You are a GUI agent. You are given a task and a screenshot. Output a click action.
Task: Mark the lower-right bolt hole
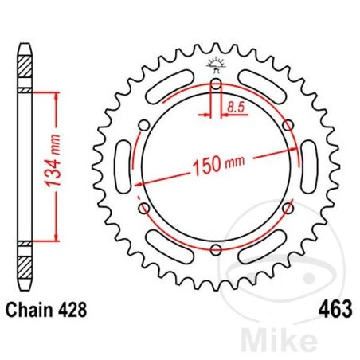pyautogui.click(x=288, y=209)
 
